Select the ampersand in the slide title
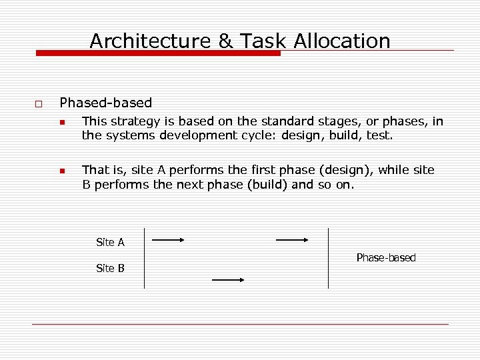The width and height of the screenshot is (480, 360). tap(226, 41)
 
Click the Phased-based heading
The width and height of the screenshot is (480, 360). tap(105, 103)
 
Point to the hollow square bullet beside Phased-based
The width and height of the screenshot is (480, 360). tap(39, 105)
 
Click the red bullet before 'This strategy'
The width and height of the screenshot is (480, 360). tap(61, 123)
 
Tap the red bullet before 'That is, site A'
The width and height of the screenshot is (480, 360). tap(61, 171)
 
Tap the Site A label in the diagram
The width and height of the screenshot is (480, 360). tap(110, 242)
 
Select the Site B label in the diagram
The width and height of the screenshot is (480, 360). tap(110, 268)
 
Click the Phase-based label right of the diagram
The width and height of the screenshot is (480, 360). tap(386, 257)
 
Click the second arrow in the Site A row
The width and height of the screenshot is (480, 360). tap(292, 239)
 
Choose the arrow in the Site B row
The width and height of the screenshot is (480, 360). tap(228, 281)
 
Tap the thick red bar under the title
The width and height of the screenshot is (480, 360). tap(158, 53)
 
